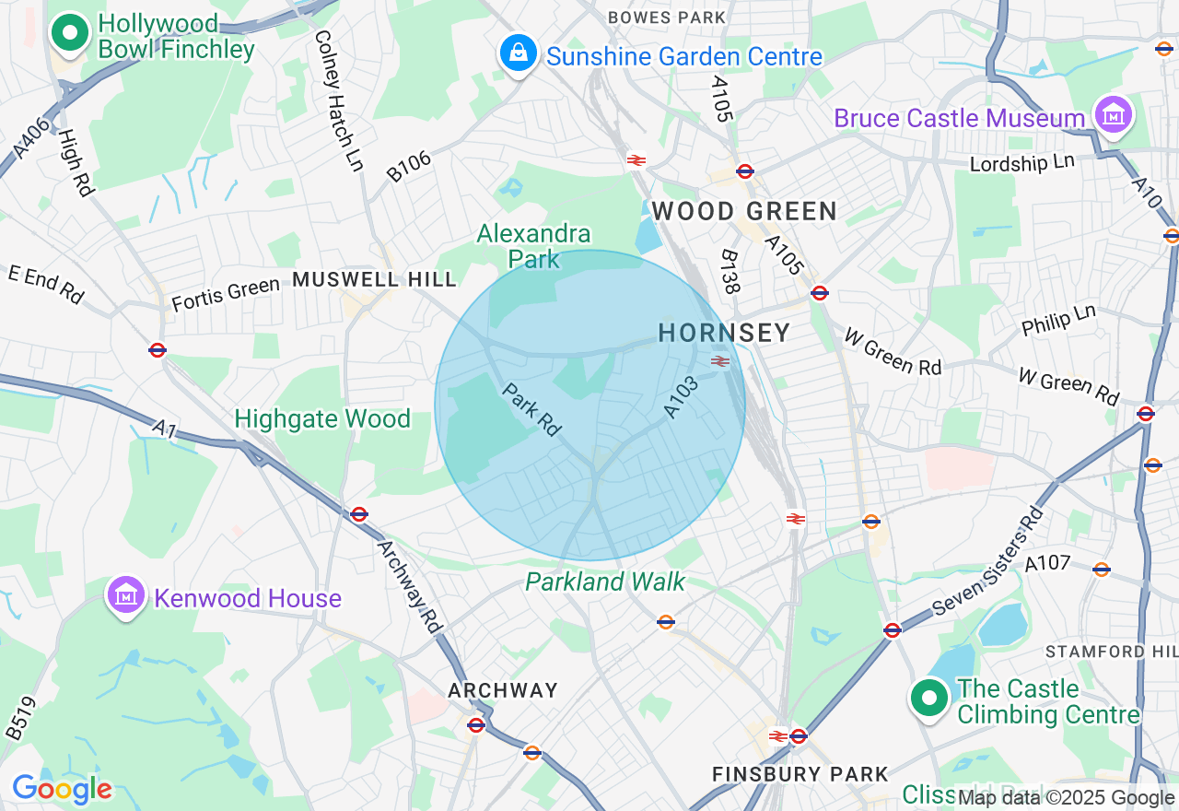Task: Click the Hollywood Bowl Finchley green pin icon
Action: click(69, 33)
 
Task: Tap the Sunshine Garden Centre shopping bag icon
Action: click(519, 53)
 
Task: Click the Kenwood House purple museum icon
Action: click(127, 595)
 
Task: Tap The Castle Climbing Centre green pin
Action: click(929, 699)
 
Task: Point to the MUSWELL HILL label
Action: click(374, 279)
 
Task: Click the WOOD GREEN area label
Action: click(744, 212)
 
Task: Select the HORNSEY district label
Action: click(724, 333)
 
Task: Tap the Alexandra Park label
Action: click(533, 246)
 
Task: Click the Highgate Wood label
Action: click(322, 419)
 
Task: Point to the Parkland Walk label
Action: click(605, 582)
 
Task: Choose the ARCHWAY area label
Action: click(503, 690)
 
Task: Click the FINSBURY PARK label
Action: click(800, 774)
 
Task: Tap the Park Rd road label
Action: click(531, 410)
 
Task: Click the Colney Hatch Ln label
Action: click(338, 101)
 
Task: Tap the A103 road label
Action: click(682, 397)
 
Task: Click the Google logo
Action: click(62, 789)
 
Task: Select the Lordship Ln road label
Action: click(1022, 163)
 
